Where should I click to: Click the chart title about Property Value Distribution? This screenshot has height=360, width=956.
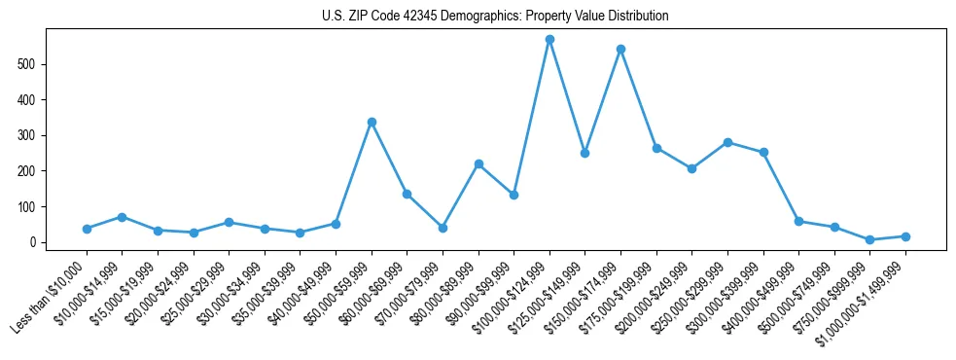(495, 16)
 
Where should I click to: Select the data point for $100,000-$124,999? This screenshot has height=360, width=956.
(549, 40)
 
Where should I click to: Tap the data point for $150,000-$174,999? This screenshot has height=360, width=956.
(620, 49)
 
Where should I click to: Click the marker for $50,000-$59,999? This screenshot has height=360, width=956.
(372, 123)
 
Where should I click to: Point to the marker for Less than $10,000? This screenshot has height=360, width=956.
(87, 229)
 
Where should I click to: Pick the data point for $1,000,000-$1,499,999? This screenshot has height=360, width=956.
(905, 236)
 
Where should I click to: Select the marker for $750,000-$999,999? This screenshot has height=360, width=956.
(869, 239)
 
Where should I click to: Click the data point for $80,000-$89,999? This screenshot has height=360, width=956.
(478, 163)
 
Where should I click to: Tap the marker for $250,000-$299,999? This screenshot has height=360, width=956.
(727, 142)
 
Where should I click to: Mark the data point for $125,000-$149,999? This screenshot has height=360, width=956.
(584, 153)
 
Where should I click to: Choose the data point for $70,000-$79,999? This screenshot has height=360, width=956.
(443, 228)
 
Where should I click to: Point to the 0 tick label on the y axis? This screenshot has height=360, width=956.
(34, 242)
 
